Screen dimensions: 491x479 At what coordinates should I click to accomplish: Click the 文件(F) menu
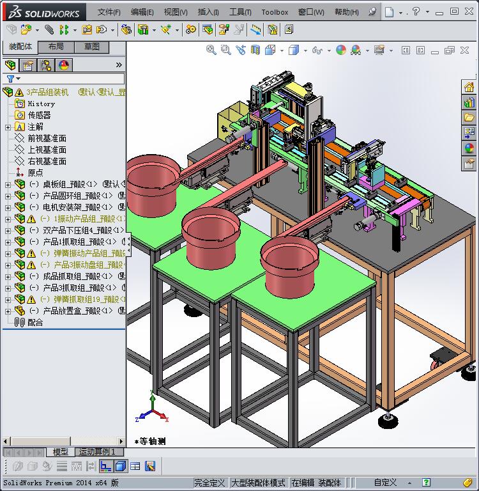[x=109, y=12]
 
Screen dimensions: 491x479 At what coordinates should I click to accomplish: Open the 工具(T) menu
[x=240, y=12]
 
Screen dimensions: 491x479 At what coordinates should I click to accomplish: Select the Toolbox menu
[x=275, y=12]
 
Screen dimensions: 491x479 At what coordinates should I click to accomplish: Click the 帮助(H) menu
[x=346, y=12]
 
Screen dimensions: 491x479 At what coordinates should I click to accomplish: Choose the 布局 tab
[x=56, y=47]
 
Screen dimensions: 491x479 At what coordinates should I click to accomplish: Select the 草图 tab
[x=91, y=47]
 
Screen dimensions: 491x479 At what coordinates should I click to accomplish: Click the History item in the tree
[x=41, y=104]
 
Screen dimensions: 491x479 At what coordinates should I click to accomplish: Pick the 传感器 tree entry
[x=39, y=115]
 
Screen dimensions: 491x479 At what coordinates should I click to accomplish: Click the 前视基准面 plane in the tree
[x=47, y=138]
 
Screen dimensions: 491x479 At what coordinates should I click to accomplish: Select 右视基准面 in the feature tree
[x=47, y=161]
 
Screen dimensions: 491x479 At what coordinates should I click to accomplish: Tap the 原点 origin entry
[x=35, y=173]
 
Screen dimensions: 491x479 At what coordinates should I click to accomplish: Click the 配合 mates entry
[x=35, y=322]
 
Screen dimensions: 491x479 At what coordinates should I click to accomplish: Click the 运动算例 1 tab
[x=97, y=452]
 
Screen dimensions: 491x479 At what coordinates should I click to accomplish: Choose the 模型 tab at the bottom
[x=60, y=452]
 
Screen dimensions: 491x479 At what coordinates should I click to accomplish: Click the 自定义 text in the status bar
[x=385, y=483]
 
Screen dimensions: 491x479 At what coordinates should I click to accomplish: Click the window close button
[x=472, y=11]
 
